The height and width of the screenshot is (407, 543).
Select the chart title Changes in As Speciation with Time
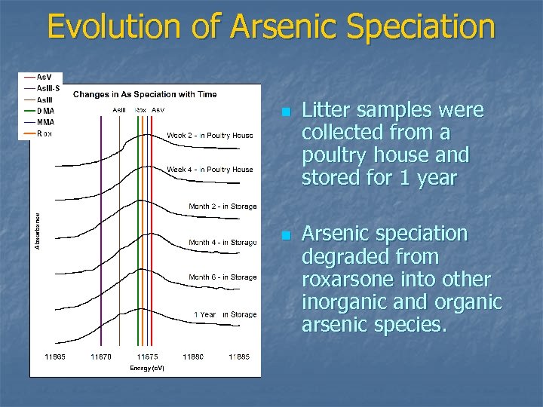point(145,94)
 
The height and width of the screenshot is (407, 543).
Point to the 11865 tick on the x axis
point(54,356)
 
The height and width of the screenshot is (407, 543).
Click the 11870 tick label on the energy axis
point(101,356)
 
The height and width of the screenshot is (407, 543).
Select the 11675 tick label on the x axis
point(147,356)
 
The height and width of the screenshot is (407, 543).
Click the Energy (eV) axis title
point(146,368)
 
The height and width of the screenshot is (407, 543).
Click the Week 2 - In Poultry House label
point(210,136)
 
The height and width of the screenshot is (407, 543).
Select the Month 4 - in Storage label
point(222,243)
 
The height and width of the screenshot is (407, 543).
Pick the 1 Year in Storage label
point(225,314)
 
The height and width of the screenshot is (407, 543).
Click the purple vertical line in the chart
point(101,226)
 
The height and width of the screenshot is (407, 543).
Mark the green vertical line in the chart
point(138,226)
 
